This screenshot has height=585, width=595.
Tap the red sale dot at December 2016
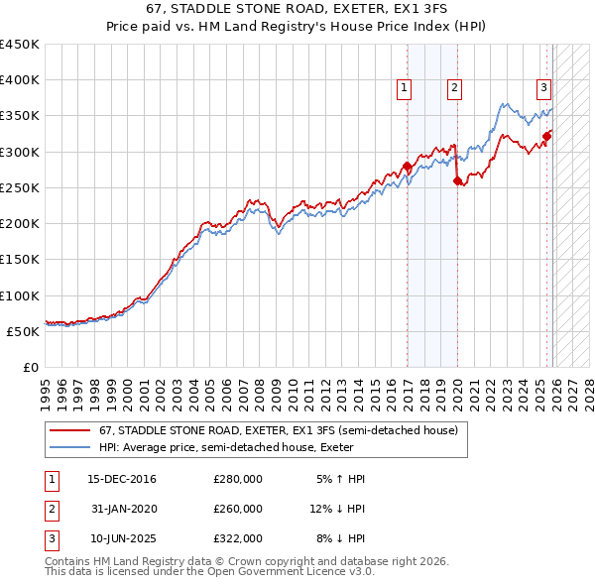point(407,167)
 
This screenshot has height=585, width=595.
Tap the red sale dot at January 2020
point(457,180)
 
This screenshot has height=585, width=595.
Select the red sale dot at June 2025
point(547,136)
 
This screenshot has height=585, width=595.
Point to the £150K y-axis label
point(20,260)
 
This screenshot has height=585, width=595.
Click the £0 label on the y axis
point(31,367)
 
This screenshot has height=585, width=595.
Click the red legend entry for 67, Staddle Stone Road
point(278,431)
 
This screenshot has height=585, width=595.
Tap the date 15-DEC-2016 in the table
point(122,479)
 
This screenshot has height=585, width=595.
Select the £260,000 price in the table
point(238,509)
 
